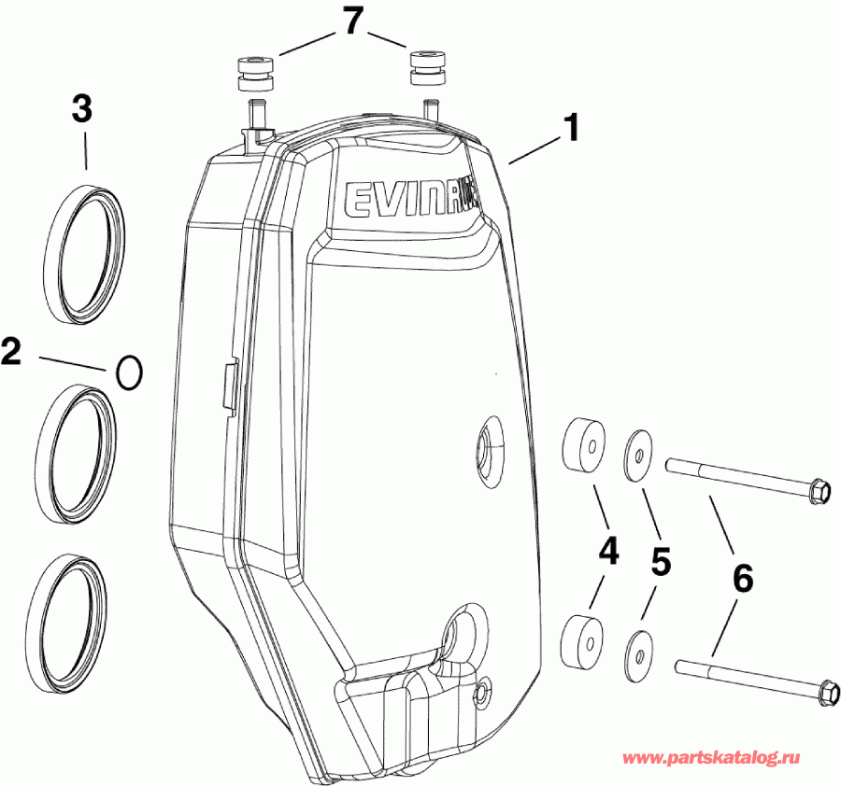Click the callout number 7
coord(351,21)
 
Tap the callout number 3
coord(83,109)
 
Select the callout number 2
coord(11,353)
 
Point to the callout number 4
coord(608,552)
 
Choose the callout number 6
coord(743,579)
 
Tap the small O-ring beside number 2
coord(129,372)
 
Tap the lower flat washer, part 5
coord(638,648)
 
